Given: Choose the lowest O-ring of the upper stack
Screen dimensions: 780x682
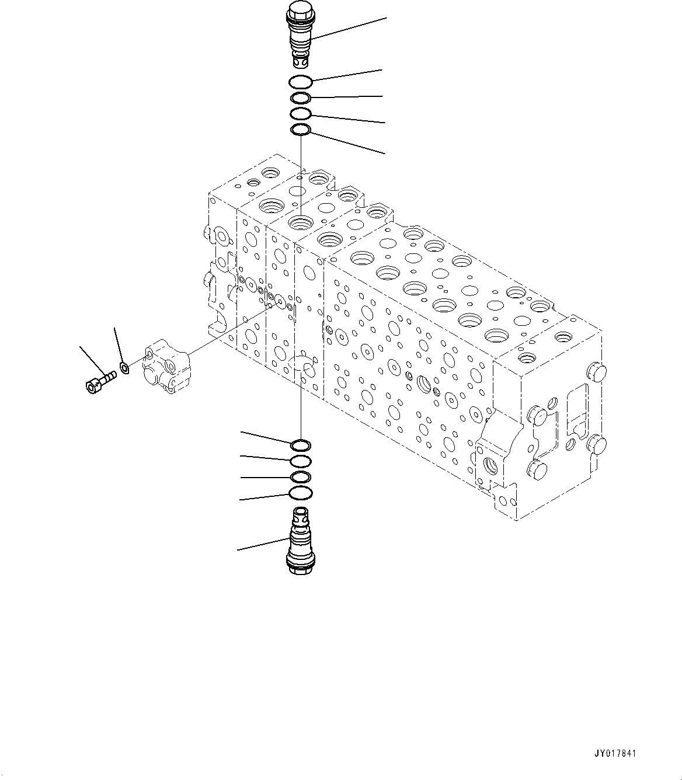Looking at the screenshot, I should coord(301,130).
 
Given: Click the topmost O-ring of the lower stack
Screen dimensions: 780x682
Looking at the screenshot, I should coord(300,445).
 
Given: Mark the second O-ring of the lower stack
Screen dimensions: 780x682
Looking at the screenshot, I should coord(300,462).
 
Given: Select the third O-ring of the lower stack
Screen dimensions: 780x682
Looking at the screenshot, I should coord(300,478).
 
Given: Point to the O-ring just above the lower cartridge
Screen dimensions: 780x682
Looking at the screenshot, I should coord(300,494).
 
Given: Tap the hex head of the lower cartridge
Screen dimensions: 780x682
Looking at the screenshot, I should coord(300,566).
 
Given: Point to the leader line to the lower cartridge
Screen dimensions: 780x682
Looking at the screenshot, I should coord(263,544).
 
